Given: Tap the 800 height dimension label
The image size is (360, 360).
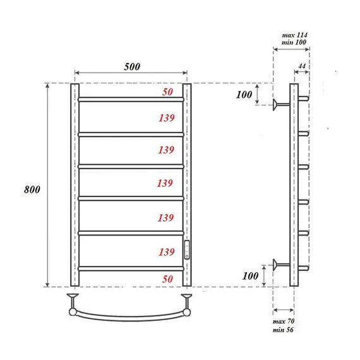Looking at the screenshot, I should (31, 189).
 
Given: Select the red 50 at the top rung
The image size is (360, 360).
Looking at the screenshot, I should (167, 92).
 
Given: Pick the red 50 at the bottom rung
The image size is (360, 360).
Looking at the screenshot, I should (167, 279).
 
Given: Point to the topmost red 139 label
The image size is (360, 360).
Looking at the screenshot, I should (166, 117).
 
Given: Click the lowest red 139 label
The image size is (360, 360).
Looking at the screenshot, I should (166, 252).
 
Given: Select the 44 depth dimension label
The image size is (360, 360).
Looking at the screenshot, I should (301, 66).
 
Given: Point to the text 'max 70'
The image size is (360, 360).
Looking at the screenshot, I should (284, 323).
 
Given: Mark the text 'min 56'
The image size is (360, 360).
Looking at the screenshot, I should (284, 330).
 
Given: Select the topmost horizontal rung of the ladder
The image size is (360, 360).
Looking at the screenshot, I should (131, 99).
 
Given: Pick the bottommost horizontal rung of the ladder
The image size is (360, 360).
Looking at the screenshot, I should (131, 268).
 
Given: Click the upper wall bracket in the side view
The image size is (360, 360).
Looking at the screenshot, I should (278, 105).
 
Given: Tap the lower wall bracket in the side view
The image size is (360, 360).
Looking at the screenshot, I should (278, 265).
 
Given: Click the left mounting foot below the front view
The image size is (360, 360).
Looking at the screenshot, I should (74, 297).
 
